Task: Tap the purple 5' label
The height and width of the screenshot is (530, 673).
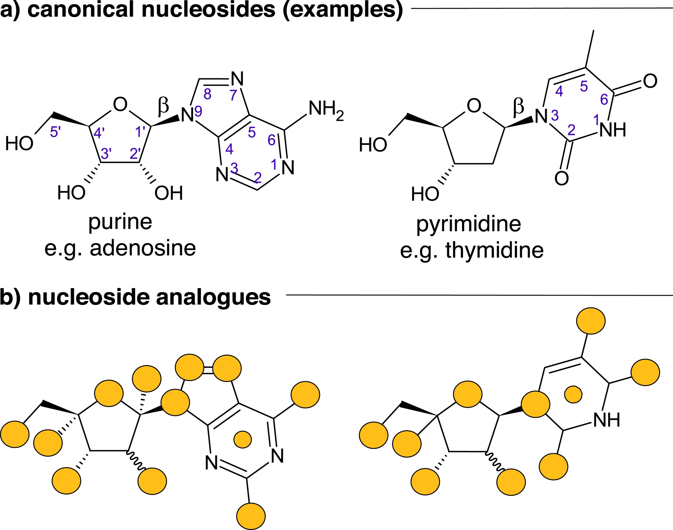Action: [55, 132]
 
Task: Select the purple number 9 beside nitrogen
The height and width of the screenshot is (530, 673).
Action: [198, 111]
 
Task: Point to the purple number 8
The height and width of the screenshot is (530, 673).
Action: [208, 94]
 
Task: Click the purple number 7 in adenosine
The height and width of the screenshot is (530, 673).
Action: [233, 95]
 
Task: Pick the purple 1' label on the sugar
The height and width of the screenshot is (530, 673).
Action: [140, 132]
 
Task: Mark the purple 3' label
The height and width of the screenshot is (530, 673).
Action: [106, 153]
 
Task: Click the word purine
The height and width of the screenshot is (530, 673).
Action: [120, 222]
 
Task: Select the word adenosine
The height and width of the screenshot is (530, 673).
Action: [143, 248]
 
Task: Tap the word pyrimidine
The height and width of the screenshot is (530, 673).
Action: [468, 224]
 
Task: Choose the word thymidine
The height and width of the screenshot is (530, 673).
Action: [494, 250]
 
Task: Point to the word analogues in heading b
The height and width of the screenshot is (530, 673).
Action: [213, 297]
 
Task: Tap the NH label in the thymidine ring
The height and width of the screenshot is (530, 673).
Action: [613, 130]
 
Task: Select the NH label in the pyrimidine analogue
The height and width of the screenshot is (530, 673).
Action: [607, 420]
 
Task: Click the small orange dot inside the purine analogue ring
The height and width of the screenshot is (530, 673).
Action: [243, 439]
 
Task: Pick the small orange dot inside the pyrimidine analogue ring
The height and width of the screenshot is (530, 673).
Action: [573, 395]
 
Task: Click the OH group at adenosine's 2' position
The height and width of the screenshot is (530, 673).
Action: [169, 193]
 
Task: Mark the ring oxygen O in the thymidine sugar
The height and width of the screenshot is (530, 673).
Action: [474, 105]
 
